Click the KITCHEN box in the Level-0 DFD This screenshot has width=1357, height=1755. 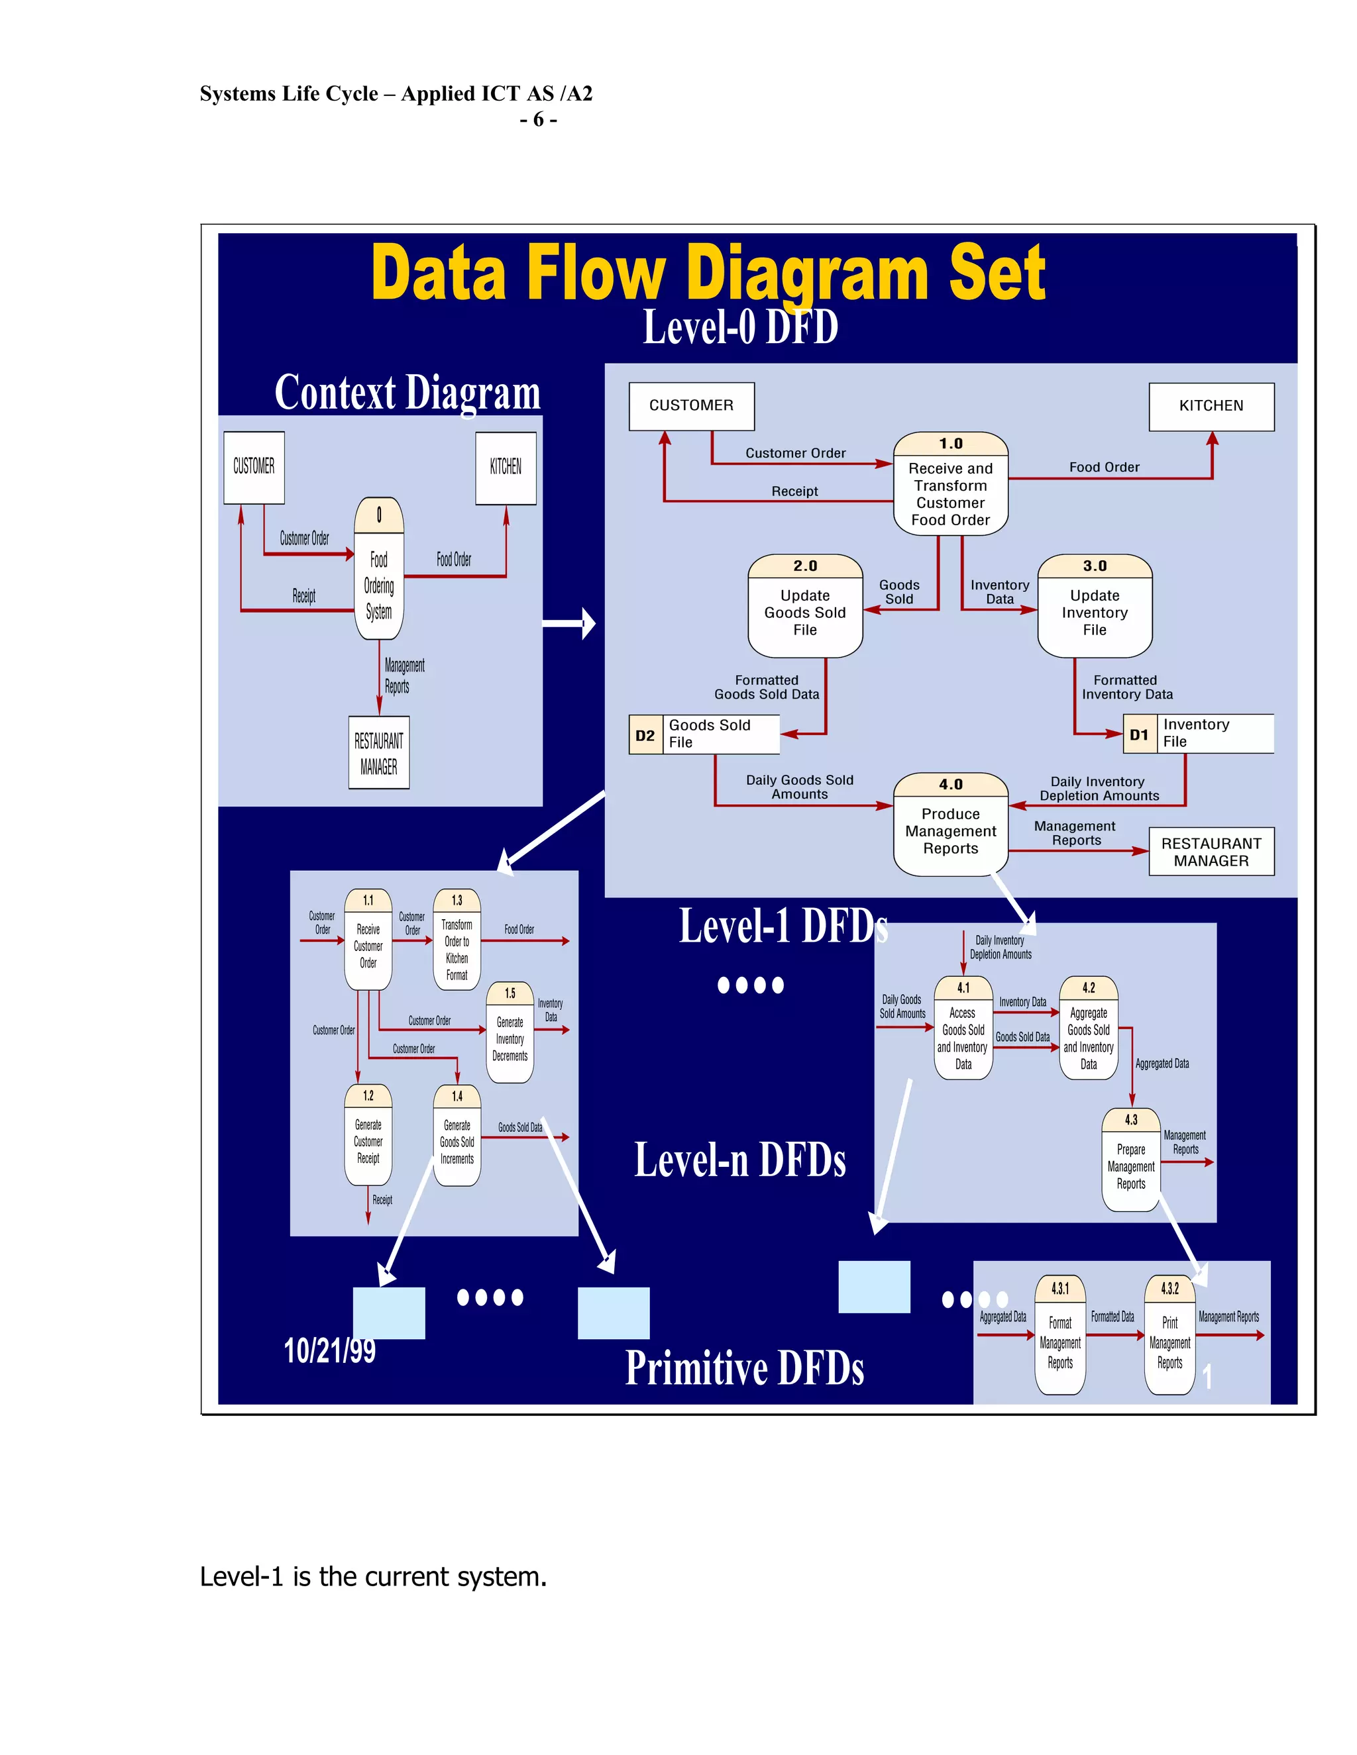(1211, 407)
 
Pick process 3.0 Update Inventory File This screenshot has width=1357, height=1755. (1094, 606)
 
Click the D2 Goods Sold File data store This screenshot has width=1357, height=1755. (704, 734)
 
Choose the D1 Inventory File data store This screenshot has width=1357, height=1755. (1197, 734)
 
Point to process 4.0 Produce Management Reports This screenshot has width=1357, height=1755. (950, 825)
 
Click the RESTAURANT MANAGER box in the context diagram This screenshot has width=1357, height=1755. (378, 753)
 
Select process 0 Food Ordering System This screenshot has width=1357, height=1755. (378, 569)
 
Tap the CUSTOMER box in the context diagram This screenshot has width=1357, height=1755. (254, 468)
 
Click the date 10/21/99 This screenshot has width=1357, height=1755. (329, 1351)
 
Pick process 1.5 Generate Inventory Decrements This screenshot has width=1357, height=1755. (510, 1032)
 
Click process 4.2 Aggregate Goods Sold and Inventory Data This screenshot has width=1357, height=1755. (1089, 1028)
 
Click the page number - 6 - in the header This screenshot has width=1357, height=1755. (538, 120)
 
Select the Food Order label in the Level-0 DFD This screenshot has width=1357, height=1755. (1104, 467)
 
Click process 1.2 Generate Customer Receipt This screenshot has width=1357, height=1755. (368, 1135)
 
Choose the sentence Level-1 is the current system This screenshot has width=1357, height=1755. (373, 1578)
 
